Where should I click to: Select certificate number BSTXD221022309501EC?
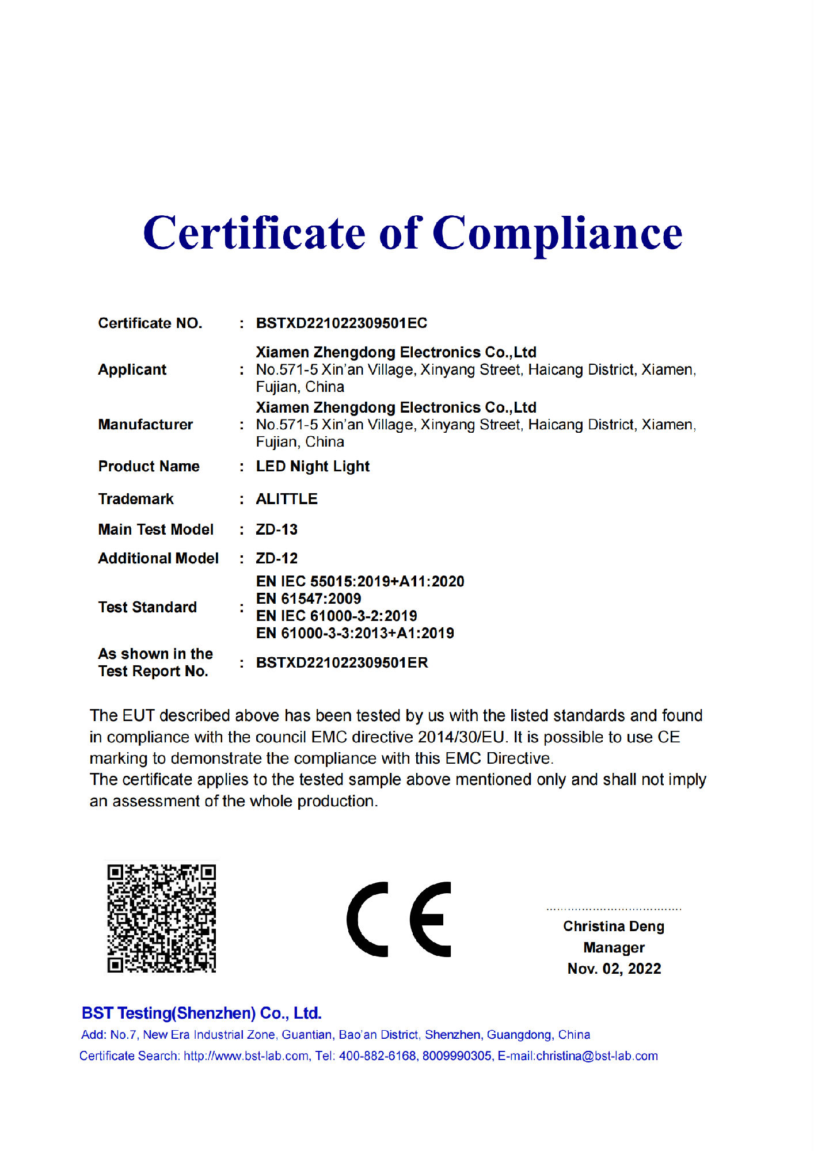coord(341,323)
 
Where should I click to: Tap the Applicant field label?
coord(132,369)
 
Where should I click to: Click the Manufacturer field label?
coord(145,425)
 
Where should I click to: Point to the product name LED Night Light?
coord(313,467)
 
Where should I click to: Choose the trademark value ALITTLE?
coord(287,499)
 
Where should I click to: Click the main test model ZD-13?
coord(277,529)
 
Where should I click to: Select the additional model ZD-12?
coord(277,558)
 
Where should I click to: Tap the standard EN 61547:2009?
coord(309,599)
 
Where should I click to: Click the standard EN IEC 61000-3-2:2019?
coord(337,616)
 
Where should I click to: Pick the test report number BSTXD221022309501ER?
coord(342,663)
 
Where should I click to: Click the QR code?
coord(162,918)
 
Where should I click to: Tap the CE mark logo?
coord(398,919)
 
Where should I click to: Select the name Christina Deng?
coord(614,927)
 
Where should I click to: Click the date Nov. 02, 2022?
coord(614,969)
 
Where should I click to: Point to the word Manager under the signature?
coord(614,947)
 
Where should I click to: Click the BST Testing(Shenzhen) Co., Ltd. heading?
coord(201,1013)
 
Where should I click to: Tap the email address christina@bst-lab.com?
coord(597,1056)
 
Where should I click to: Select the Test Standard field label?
coord(147,607)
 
